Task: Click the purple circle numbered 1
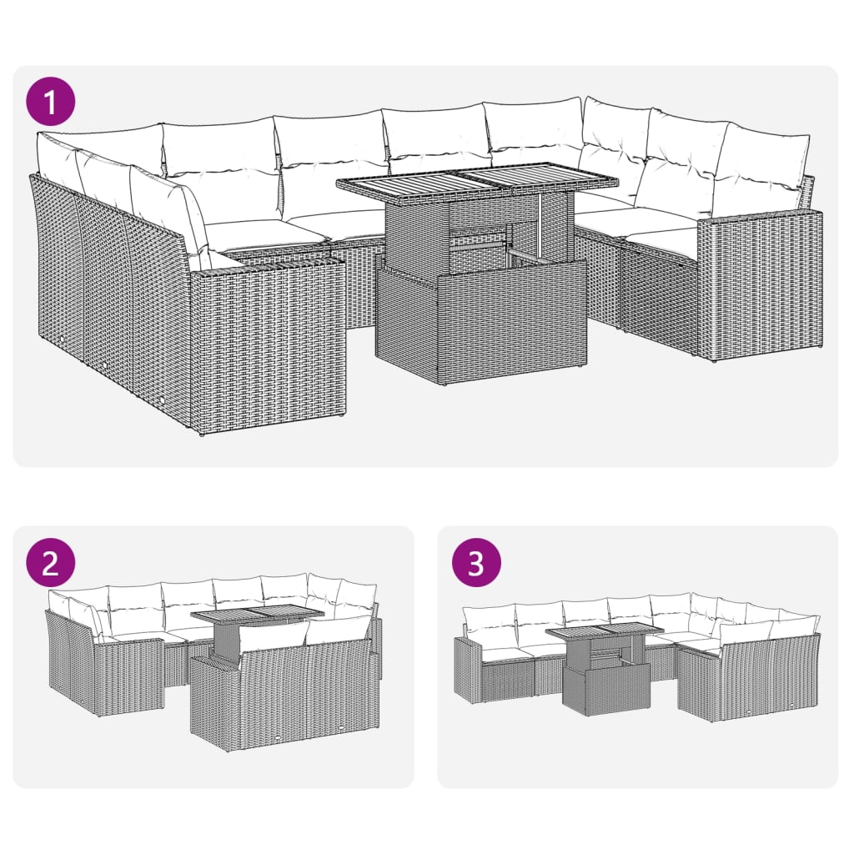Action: (x=50, y=103)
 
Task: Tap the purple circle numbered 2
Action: (x=50, y=564)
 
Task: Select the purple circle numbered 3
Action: (x=475, y=564)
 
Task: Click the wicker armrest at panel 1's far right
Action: (x=759, y=284)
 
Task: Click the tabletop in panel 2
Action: (x=257, y=616)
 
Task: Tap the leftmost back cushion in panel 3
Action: (x=488, y=619)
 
